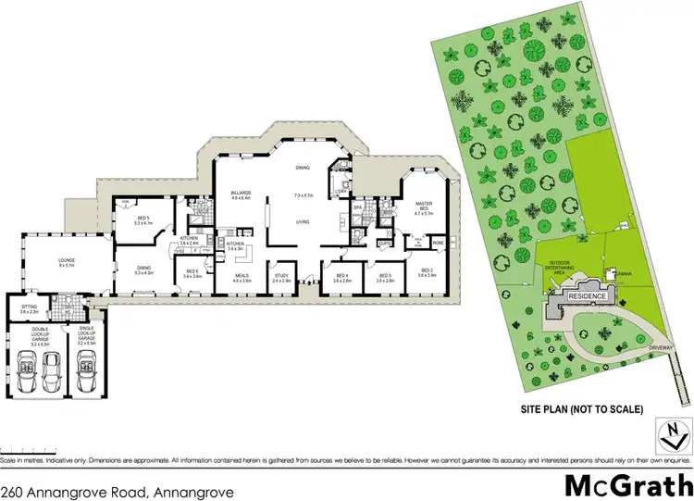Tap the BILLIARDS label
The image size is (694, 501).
click(x=241, y=193)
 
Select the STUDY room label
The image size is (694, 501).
click(x=283, y=276)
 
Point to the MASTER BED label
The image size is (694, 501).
click(x=424, y=206)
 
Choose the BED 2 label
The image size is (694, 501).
click(x=427, y=275)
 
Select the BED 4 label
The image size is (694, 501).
click(x=341, y=275)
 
